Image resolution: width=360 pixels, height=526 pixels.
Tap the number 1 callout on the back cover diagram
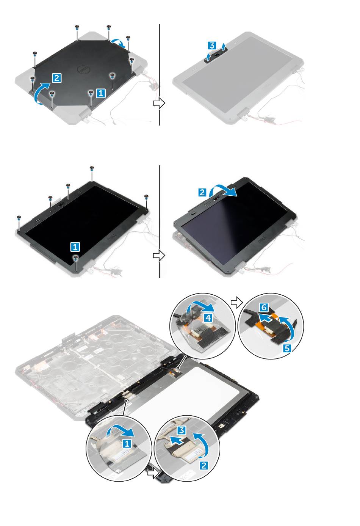coord(101,93)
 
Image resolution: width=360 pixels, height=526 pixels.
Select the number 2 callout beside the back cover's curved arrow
coord(57,78)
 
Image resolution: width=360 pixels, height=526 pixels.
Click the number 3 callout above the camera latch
coord(212,46)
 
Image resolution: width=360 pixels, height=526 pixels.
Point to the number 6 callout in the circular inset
coord(264,307)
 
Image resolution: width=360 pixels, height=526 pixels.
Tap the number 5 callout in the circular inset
coord(287,349)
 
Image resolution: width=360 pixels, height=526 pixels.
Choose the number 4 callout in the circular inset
coord(208,318)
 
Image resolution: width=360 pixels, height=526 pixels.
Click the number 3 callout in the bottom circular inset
coord(182,430)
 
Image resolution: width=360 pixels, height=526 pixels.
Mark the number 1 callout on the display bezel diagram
coord(75,247)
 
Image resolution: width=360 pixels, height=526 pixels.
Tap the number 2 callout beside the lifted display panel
coord(202,193)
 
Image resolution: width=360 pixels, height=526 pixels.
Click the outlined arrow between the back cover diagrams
coord(159,103)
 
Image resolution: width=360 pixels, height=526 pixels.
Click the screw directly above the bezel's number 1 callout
coord(75,258)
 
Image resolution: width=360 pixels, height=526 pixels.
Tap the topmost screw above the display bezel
coord(92,168)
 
